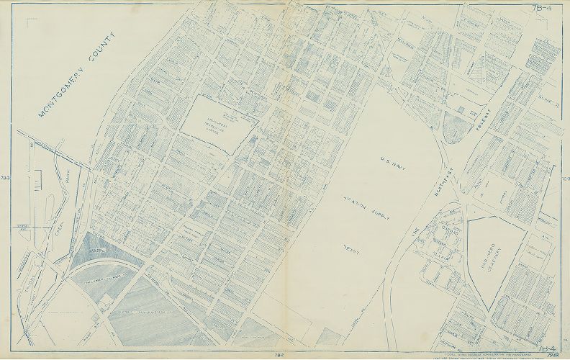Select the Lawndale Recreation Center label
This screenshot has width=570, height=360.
[215, 117]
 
